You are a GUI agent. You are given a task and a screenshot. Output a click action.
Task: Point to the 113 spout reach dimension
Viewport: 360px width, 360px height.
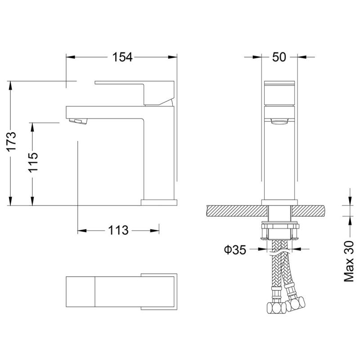[118, 231]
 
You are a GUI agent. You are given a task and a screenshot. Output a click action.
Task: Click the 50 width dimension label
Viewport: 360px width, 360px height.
[279, 57]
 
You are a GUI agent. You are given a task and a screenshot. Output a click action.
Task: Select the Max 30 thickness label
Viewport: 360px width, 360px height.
[349, 260]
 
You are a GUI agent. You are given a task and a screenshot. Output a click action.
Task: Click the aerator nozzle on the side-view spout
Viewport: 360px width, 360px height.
[77, 121]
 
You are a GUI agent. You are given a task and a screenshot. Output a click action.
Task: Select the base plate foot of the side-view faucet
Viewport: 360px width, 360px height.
[158, 202]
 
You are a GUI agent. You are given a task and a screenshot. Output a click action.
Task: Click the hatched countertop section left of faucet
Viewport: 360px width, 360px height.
[234, 210]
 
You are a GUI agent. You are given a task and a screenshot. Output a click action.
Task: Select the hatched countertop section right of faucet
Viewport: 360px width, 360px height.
[310, 210]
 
